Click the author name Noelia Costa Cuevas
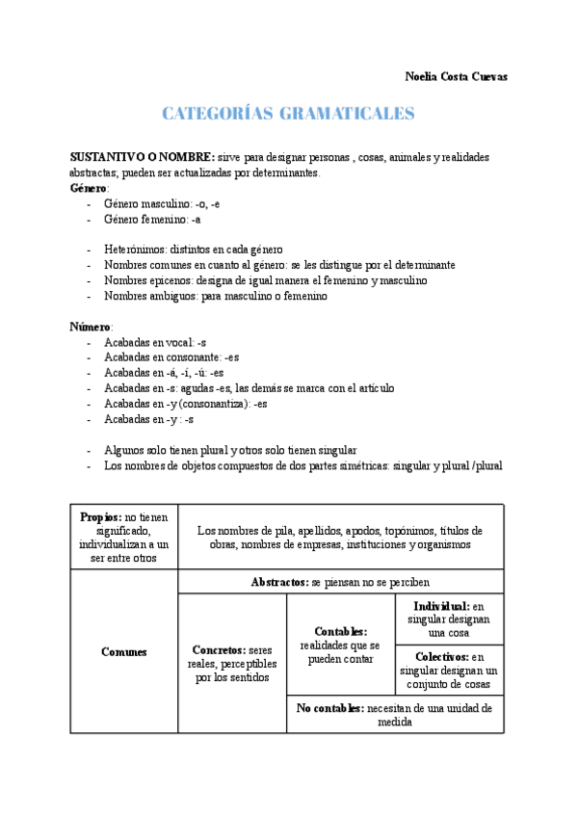[x=456, y=76]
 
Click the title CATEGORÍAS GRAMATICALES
[x=288, y=114]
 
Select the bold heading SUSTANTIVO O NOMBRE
[x=143, y=156]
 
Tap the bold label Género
[x=90, y=188]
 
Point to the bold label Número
[x=91, y=327]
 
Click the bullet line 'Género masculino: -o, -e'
[x=162, y=203]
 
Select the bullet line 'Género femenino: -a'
[x=152, y=219]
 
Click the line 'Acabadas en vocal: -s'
[x=154, y=342]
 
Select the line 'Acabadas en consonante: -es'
[x=171, y=357]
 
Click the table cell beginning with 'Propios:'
[x=124, y=537]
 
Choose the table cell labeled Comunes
[x=124, y=652]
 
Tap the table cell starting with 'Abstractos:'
[x=340, y=582]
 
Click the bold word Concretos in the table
[x=218, y=650]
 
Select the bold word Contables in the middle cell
[x=339, y=631]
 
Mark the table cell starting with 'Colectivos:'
[x=449, y=670]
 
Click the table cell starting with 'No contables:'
[x=394, y=714]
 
